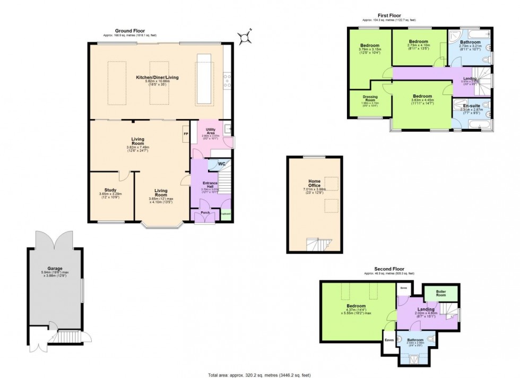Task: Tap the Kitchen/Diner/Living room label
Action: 157,78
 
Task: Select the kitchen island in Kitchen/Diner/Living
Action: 204,80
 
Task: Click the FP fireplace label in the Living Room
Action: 186,134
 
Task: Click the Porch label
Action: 205,213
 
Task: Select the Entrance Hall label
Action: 209,184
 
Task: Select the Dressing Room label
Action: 370,99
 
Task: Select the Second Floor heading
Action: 389,269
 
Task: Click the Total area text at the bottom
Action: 259,375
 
